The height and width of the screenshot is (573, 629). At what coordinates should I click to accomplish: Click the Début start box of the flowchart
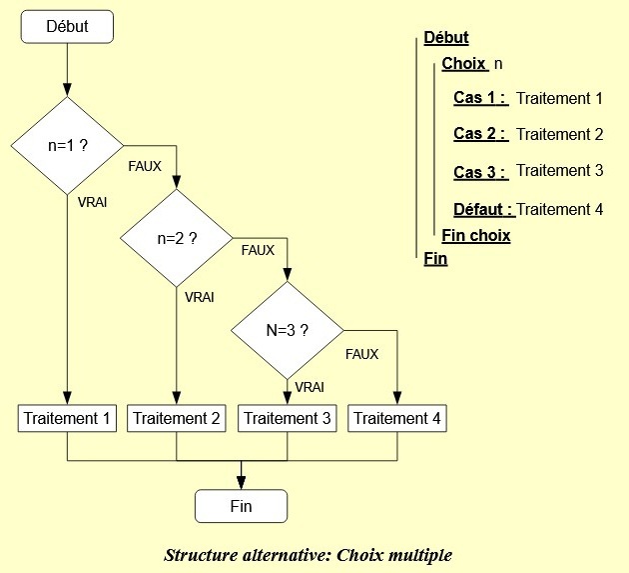pyautogui.click(x=67, y=27)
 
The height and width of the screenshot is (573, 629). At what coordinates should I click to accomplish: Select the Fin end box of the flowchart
pyautogui.click(x=241, y=506)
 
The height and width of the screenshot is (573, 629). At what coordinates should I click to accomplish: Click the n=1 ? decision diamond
pyautogui.click(x=68, y=146)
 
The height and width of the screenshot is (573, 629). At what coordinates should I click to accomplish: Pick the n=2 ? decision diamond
pyautogui.click(x=177, y=238)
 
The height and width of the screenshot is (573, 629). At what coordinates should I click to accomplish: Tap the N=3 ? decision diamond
pyautogui.click(x=288, y=331)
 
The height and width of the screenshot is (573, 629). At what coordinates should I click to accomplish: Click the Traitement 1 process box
pyautogui.click(x=67, y=418)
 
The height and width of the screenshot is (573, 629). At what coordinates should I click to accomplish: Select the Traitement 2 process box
pyautogui.click(x=177, y=418)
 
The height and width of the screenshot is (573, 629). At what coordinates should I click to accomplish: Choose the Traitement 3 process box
pyautogui.click(x=288, y=418)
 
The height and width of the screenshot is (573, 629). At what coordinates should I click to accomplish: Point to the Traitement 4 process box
pyautogui.click(x=397, y=418)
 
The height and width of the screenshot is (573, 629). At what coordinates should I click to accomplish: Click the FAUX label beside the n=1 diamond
pyautogui.click(x=145, y=166)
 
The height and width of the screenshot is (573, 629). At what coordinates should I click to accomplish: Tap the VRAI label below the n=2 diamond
pyautogui.click(x=200, y=297)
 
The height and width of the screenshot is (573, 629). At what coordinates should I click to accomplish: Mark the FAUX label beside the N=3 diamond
pyautogui.click(x=361, y=354)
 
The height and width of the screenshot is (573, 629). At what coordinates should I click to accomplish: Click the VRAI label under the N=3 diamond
pyautogui.click(x=310, y=387)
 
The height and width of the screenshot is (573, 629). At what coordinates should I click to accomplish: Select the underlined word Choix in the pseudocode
pyautogui.click(x=464, y=63)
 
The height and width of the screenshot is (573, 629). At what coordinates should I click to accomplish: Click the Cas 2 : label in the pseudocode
pyautogui.click(x=481, y=134)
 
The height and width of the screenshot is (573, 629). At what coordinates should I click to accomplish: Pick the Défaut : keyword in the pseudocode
pyautogui.click(x=484, y=209)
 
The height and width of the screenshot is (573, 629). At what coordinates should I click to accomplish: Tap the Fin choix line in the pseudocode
pyautogui.click(x=476, y=235)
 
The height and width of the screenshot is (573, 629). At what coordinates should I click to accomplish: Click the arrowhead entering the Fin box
pyautogui.click(x=241, y=482)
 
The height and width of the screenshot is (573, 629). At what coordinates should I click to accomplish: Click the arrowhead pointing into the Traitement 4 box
pyautogui.click(x=397, y=398)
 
